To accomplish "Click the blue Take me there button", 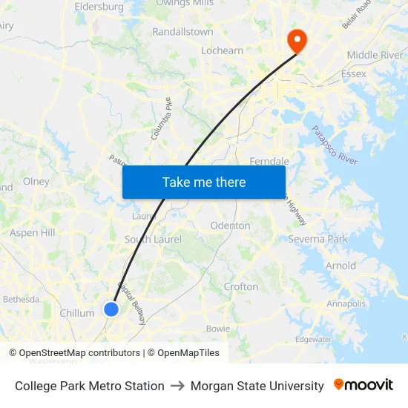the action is click(x=204, y=182).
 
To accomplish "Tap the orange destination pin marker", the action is click(x=297, y=40).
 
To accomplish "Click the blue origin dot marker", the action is click(x=111, y=309).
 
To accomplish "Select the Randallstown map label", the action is click(x=182, y=32).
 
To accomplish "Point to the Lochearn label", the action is click(x=223, y=50).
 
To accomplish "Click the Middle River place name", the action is click(x=375, y=55).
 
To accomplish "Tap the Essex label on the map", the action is click(x=354, y=74).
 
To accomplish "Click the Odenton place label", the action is click(x=230, y=226).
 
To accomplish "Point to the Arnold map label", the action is click(x=340, y=266).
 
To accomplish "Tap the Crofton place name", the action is click(x=241, y=286).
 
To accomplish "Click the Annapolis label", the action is click(x=346, y=303).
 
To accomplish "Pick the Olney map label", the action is click(x=36, y=181).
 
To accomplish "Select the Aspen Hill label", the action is click(x=33, y=233).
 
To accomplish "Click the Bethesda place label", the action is click(x=21, y=299).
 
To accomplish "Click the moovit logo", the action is click(x=363, y=385).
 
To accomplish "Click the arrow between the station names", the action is click(x=177, y=386).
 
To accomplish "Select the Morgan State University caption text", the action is click(x=257, y=386).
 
